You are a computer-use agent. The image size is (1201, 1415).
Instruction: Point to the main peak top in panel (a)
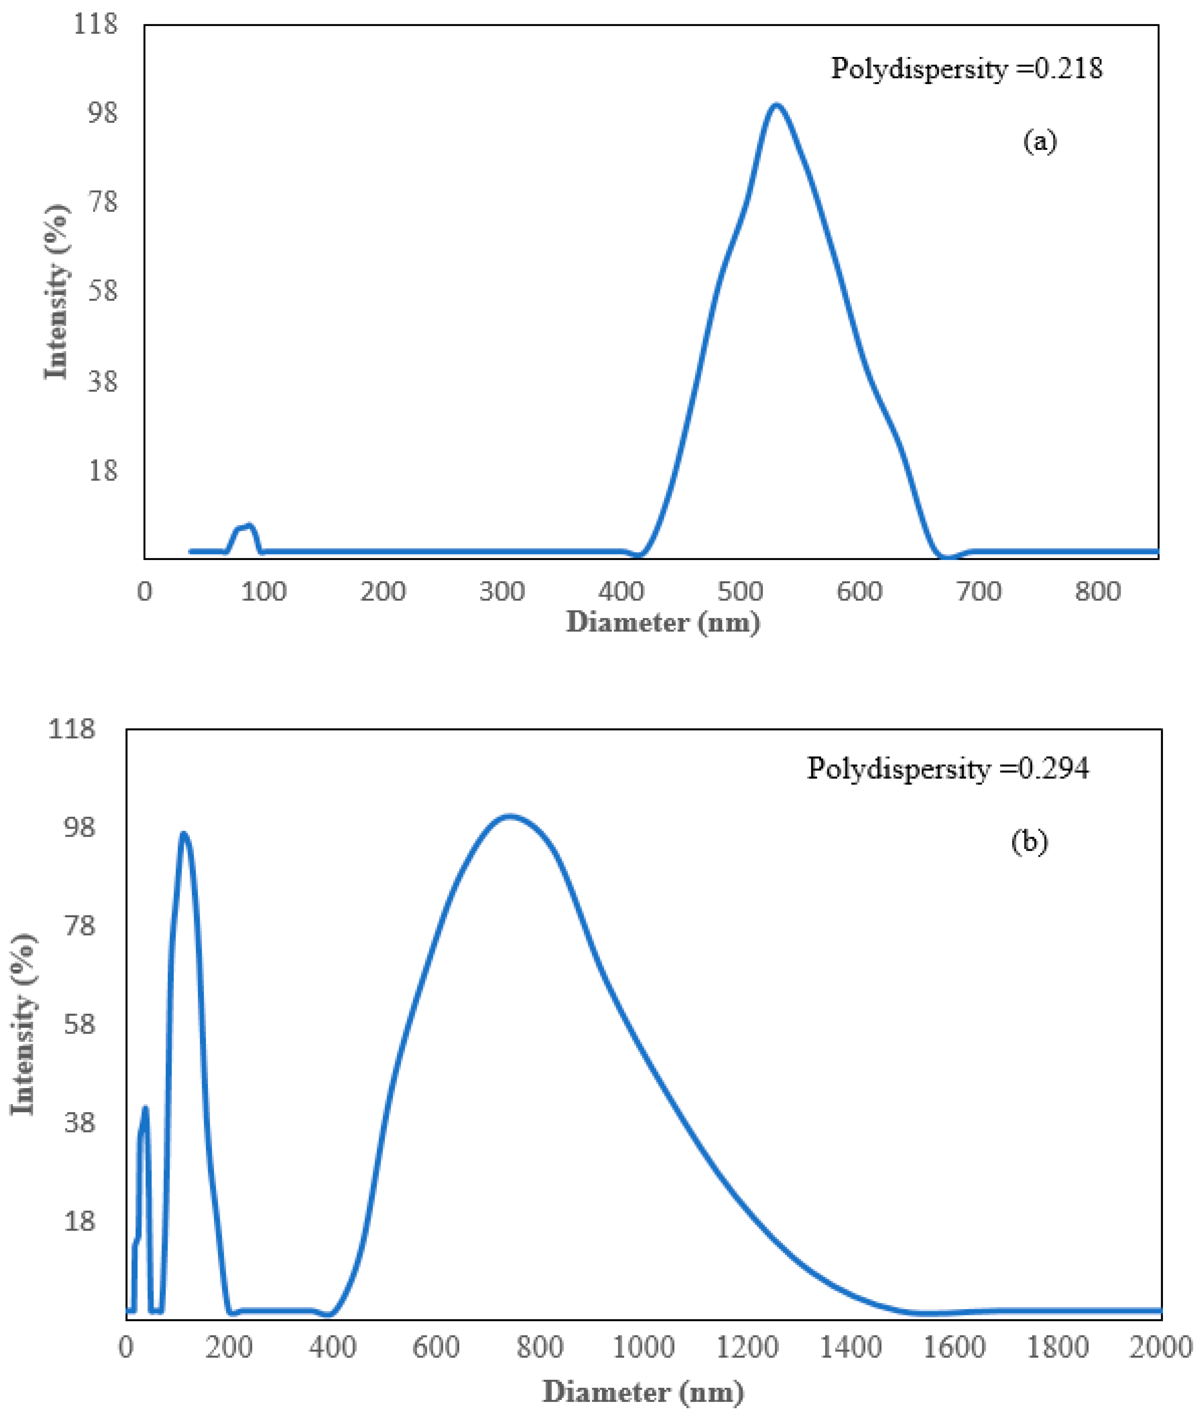pos(776,106)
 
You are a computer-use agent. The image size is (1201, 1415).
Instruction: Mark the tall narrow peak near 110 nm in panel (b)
pos(183,834)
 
